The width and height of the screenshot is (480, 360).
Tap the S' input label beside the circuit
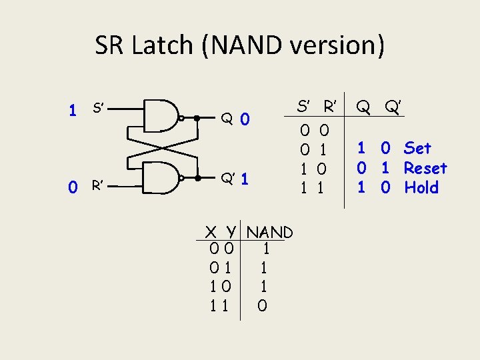click(97, 108)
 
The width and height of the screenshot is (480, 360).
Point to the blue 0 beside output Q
click(245, 120)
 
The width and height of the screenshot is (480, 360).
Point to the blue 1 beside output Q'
click(245, 179)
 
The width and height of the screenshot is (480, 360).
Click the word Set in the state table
click(417, 148)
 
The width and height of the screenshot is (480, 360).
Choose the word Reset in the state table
click(425, 168)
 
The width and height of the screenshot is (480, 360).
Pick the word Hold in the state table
click(421, 188)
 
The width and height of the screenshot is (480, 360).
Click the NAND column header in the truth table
click(269, 233)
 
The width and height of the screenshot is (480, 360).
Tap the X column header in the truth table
click(211, 233)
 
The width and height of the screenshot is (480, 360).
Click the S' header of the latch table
click(303, 105)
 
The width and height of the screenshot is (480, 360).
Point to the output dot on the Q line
click(196, 118)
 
